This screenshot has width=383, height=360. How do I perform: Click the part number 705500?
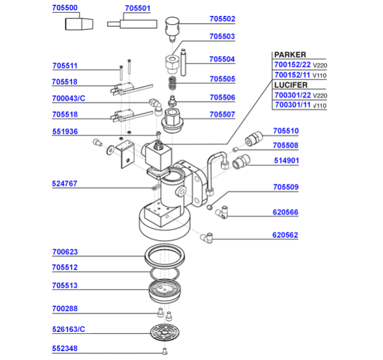tap(64, 8)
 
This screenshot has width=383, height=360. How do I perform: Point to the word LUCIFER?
tap(292, 84)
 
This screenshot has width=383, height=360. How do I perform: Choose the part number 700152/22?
tap(292, 64)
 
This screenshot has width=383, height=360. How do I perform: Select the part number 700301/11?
tap(292, 105)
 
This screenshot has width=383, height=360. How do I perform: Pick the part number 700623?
tap(64, 253)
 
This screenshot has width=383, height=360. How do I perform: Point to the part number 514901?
tap(286, 161)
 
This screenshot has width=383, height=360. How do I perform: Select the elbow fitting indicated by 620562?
tap(207, 238)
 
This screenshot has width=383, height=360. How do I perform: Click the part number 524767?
tap(64, 184)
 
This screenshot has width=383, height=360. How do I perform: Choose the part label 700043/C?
tap(68, 99)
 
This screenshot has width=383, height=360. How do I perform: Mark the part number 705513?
tap(64, 286)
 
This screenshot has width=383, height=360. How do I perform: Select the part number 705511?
tap(64, 66)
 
